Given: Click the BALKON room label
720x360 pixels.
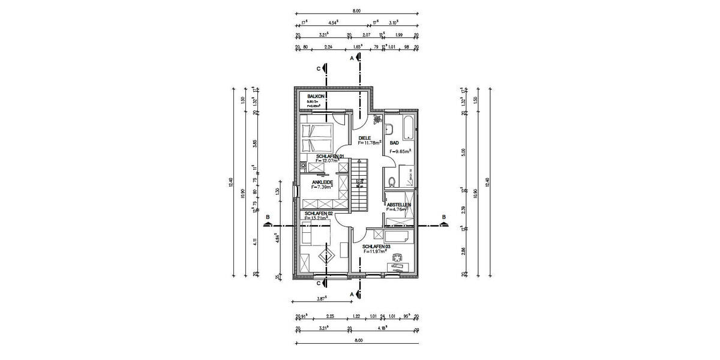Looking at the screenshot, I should pyautogui.click(x=316, y=96).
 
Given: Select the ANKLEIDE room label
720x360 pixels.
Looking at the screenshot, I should pyautogui.click(x=323, y=182).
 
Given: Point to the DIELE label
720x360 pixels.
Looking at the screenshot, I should pyautogui.click(x=365, y=138).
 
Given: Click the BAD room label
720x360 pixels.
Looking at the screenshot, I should pyautogui.click(x=394, y=143).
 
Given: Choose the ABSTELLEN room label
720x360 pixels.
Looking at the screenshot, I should pyautogui.click(x=398, y=205).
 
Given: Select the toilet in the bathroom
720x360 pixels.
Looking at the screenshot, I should pyautogui.click(x=391, y=181).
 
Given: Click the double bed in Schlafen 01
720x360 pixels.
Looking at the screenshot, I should pyautogui.click(x=317, y=137).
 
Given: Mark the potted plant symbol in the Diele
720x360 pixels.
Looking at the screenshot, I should pyautogui.click(x=376, y=119).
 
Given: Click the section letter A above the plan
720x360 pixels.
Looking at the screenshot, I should pyautogui.click(x=352, y=58).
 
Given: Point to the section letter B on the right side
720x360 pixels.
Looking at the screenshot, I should pyautogui.click(x=444, y=217).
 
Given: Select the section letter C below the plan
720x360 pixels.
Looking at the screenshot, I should pyautogui.click(x=319, y=283).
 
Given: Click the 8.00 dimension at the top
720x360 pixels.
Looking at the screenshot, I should pyautogui.click(x=356, y=11).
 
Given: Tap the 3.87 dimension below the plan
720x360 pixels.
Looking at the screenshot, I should pyautogui.click(x=322, y=298).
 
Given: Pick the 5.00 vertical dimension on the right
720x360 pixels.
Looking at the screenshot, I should pyautogui.click(x=463, y=152).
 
